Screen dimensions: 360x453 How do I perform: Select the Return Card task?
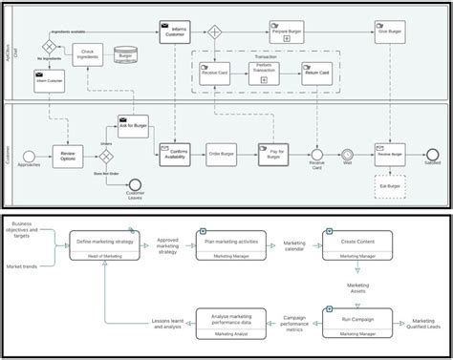click(x=317, y=73)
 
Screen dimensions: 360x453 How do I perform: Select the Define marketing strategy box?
click(x=102, y=244)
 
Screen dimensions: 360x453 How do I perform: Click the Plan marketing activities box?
click(x=227, y=244)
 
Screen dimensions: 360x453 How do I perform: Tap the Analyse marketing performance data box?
click(x=227, y=322)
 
